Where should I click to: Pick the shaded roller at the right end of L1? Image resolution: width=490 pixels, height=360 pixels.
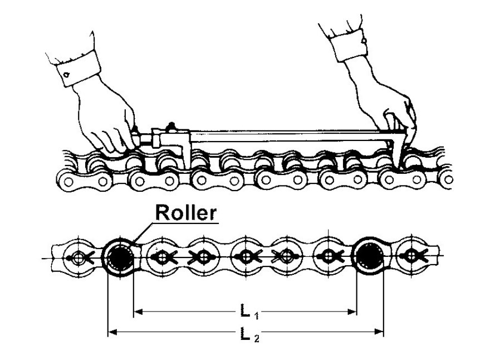point(369,257)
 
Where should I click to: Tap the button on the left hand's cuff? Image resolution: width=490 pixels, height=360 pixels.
point(66,74)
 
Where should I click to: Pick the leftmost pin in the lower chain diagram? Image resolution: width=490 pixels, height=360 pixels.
point(76,257)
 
